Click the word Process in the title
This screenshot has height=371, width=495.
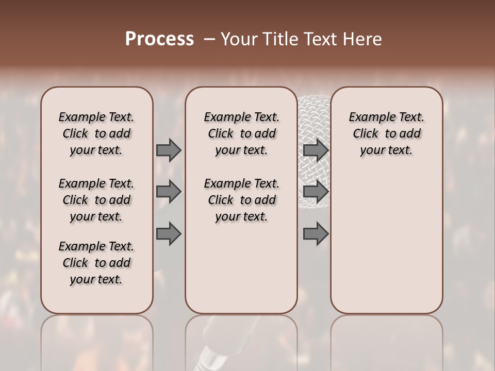coord(159,39)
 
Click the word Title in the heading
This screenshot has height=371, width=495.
coord(280,39)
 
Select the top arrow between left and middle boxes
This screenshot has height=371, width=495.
coord(169,150)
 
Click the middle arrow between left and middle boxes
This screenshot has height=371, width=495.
coord(169,192)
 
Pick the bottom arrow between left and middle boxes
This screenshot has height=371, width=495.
coord(169,234)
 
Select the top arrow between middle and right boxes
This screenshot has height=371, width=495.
coord(316,150)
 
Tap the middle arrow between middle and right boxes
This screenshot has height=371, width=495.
coord(316,192)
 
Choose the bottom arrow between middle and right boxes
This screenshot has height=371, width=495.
coord(316,234)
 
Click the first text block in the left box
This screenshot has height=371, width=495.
coord(96,133)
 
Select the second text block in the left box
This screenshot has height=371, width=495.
coord(96,200)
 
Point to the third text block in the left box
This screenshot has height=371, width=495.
coord(96,263)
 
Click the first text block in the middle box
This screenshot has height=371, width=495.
coord(241,133)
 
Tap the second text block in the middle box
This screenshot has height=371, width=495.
coord(241,200)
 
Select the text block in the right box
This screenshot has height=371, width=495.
coord(386,133)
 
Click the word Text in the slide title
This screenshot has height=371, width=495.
coord(321,39)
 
